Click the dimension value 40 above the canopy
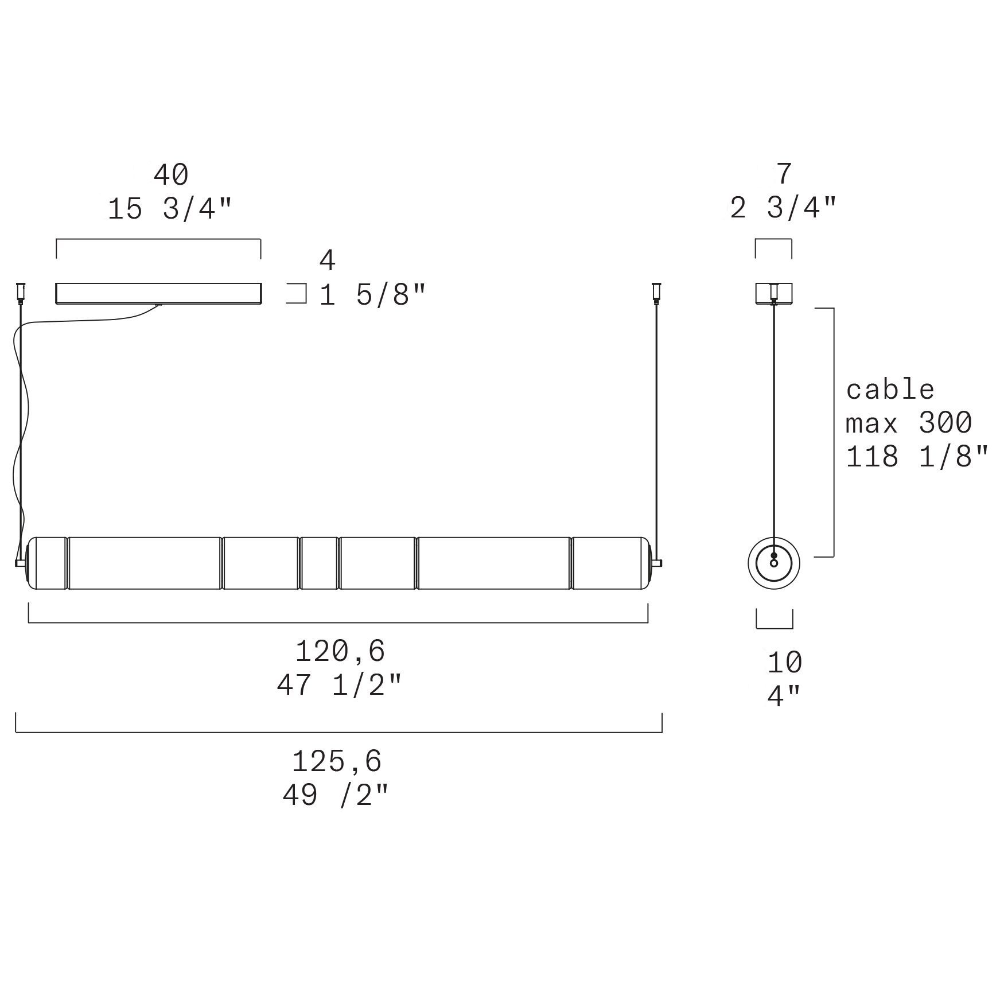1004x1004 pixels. tap(171, 175)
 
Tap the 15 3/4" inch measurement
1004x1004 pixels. tap(170, 209)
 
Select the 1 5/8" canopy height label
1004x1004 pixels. tap(373, 295)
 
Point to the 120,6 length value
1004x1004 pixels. tap(340, 651)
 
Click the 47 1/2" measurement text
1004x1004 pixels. tap(340, 684)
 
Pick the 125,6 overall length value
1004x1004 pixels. tap(337, 761)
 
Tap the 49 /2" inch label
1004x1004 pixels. tap(336, 795)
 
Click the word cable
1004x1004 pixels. tap(890, 390)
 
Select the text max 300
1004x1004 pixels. tap(909, 423)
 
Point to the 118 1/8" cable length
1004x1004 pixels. tap(917, 457)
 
